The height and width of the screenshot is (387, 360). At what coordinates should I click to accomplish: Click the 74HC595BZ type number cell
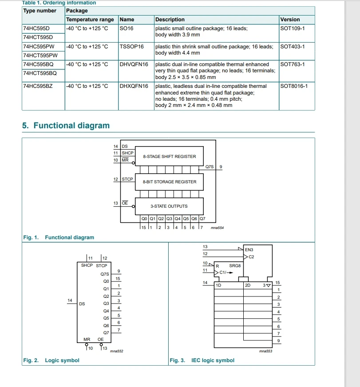[x=38, y=86]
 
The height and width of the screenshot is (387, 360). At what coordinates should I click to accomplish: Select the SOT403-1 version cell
[x=293, y=46]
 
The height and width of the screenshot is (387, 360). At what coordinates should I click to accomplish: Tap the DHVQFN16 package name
[x=134, y=64]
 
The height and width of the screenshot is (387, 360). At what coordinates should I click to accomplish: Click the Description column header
[x=170, y=20]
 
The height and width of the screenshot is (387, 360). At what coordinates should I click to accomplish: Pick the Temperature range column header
[x=90, y=20]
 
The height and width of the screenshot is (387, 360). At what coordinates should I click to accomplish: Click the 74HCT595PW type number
[x=40, y=55]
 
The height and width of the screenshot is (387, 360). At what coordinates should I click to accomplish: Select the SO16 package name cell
[x=127, y=28]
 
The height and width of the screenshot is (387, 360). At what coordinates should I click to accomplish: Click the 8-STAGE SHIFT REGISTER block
[x=169, y=157]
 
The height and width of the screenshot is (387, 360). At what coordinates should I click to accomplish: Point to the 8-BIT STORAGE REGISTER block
[x=169, y=182]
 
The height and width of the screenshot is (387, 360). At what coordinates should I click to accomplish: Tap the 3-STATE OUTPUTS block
[x=169, y=206]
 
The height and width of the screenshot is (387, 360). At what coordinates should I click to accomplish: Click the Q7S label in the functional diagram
[x=209, y=167]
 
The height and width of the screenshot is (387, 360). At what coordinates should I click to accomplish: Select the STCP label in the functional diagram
[x=127, y=179]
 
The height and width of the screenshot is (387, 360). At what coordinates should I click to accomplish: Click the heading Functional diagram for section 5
[x=66, y=126]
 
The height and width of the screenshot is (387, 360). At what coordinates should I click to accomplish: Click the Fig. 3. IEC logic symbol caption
[x=202, y=360]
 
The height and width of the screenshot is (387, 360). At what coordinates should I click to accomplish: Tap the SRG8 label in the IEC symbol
[x=235, y=266]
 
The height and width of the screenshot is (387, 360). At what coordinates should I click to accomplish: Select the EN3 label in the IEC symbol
[x=249, y=250]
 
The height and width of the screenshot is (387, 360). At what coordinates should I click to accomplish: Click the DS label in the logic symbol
[x=82, y=304]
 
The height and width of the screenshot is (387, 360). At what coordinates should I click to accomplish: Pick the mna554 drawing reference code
[x=217, y=228]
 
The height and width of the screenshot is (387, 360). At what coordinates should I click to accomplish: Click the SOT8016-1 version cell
[x=294, y=86]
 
